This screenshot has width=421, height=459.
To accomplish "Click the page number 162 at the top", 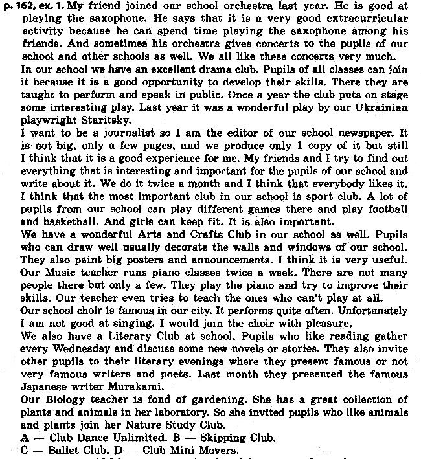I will [x=22, y=5].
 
